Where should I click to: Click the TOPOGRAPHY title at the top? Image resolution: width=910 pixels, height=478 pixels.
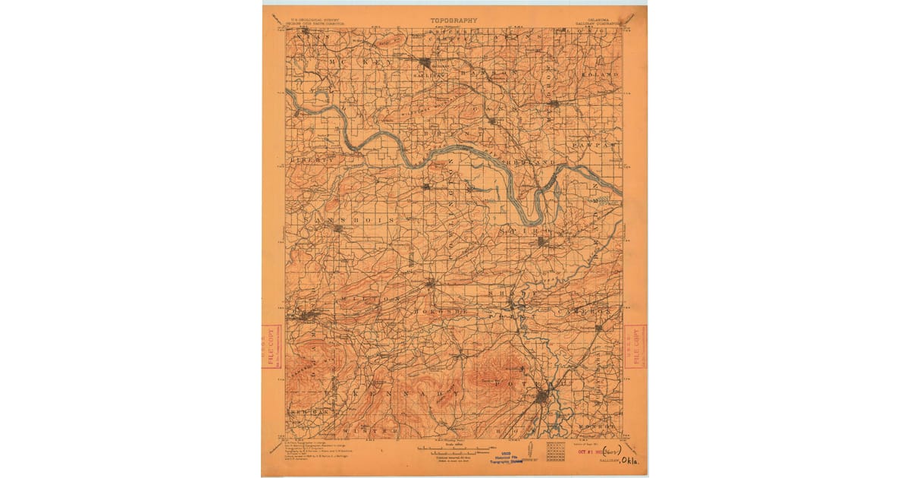click(454, 21)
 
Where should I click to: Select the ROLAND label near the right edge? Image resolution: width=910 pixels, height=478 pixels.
click(602, 74)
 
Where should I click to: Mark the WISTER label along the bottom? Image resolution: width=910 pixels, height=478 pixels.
click(378, 430)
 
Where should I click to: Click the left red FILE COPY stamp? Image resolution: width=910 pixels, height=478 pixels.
click(270, 347)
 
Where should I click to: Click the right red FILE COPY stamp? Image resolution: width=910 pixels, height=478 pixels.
click(638, 347)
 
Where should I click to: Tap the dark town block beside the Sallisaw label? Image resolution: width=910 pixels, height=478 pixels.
click(426, 62)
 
